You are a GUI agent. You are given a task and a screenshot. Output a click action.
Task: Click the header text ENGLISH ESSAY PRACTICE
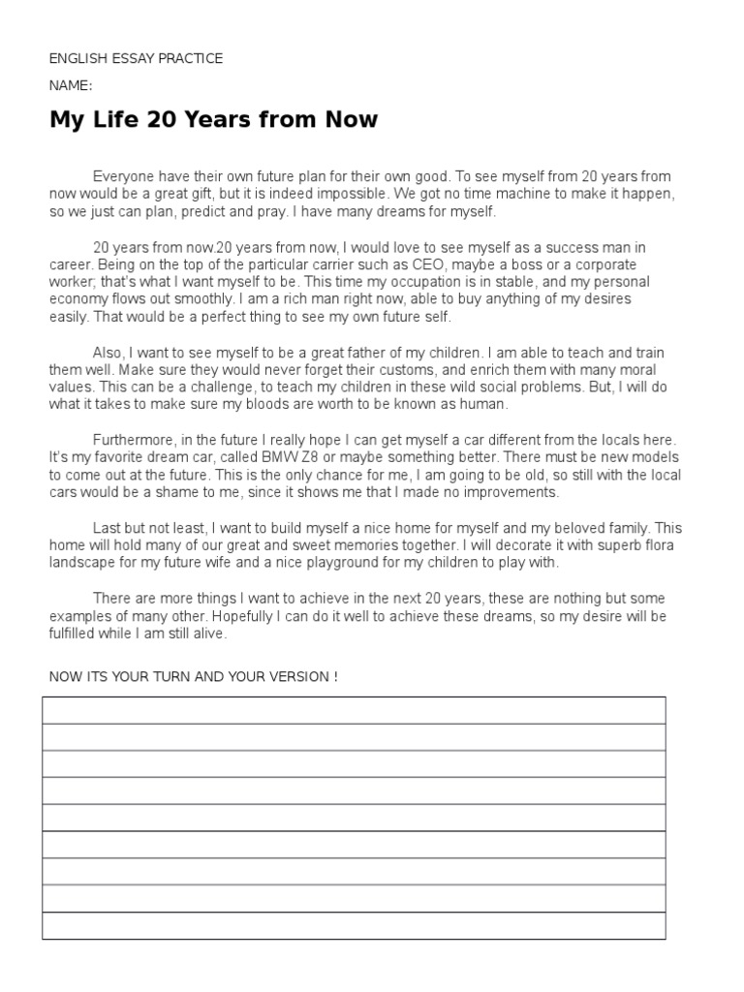[136, 59]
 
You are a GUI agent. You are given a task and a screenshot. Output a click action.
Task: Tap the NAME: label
[71, 85]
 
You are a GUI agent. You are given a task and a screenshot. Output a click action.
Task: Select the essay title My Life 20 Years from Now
[213, 120]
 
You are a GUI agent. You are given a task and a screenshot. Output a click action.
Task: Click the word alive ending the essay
[206, 634]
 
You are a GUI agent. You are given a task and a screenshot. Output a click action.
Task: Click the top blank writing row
[354, 710]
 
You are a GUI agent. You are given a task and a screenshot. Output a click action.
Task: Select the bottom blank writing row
[354, 925]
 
